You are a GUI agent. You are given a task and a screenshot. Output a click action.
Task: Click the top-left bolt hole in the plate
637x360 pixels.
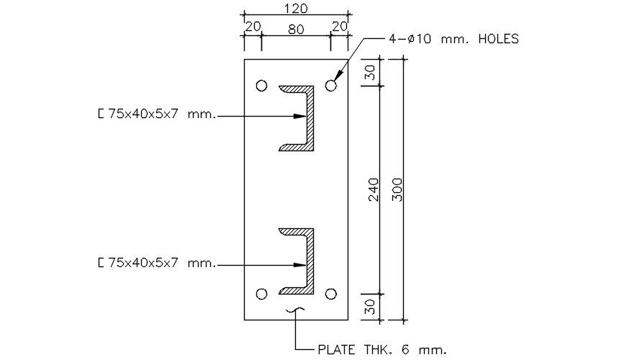pyautogui.click(x=261, y=86)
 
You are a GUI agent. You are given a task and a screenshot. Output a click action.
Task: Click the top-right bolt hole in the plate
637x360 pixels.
pyautogui.click(x=331, y=86)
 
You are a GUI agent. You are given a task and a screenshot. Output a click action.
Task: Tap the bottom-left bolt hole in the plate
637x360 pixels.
pyautogui.click(x=261, y=294)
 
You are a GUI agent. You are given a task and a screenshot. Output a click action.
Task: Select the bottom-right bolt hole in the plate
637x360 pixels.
pyautogui.click(x=331, y=294)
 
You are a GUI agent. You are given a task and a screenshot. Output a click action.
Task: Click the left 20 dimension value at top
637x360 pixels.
pyautogui.click(x=253, y=27)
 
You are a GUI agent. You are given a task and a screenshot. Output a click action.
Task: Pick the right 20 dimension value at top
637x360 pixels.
pyautogui.click(x=338, y=27)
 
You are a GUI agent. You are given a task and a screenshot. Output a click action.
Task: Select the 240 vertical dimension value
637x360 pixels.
pyautogui.click(x=374, y=190)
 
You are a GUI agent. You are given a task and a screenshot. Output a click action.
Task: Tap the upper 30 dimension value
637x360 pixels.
pyautogui.click(x=370, y=73)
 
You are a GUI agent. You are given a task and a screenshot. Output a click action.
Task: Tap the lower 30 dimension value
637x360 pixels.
pyautogui.click(x=370, y=307)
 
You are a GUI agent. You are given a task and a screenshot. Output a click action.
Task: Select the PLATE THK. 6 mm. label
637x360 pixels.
pyautogui.click(x=381, y=351)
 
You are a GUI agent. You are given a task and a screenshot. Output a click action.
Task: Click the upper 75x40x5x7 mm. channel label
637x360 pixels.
pyautogui.click(x=156, y=114)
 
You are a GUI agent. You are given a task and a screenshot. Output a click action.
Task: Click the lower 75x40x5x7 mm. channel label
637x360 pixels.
pyautogui.click(x=156, y=264)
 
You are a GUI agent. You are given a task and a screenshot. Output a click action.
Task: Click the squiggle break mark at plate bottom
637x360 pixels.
pyautogui.click(x=295, y=311)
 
